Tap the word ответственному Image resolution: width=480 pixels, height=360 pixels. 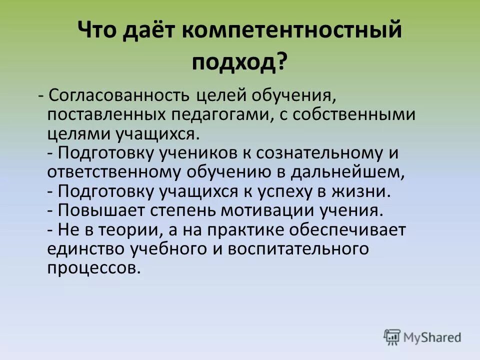[x=114, y=172]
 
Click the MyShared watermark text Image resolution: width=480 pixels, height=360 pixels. [x=433, y=337]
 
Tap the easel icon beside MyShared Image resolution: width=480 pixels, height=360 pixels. [x=392, y=337]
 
